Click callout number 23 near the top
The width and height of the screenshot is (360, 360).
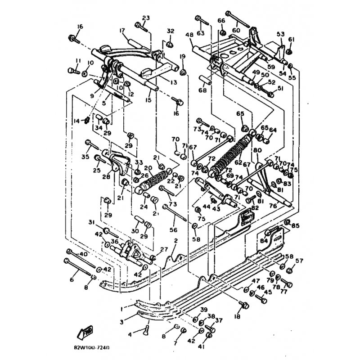point(145,18)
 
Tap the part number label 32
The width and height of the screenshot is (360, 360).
point(170,31)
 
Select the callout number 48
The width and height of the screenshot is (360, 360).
point(188,35)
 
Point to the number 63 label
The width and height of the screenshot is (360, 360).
point(200,32)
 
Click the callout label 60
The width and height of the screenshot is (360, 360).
point(236,30)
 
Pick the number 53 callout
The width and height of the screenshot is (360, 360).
point(281,34)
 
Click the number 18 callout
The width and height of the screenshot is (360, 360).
point(237,317)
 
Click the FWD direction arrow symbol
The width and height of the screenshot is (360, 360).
point(85,333)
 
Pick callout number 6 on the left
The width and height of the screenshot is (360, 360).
point(71,279)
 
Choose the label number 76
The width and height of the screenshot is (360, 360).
point(285,206)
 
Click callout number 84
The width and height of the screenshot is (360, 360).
point(263,241)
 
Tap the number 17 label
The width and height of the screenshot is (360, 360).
point(121,31)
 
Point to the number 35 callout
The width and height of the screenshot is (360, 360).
point(85,157)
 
